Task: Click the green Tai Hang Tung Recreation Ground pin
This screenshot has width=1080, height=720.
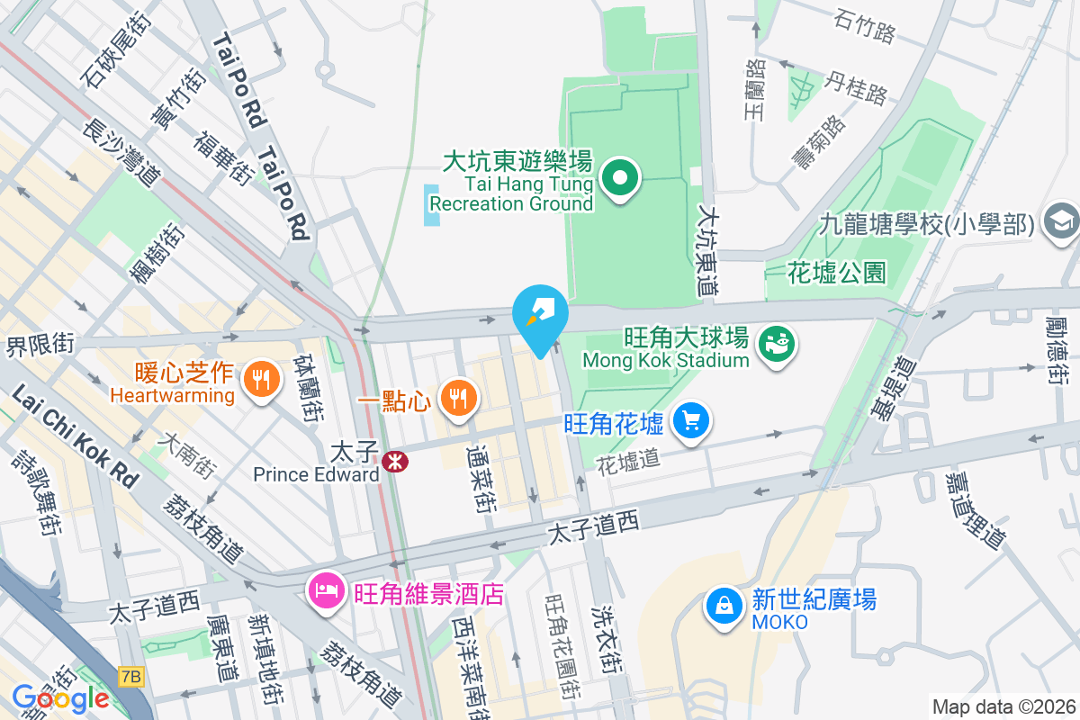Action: point(620,178)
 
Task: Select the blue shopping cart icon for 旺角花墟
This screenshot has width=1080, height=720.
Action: point(691,421)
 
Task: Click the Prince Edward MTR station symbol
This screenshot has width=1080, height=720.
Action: point(394,462)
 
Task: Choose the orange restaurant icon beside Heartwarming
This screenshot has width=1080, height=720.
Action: point(261,381)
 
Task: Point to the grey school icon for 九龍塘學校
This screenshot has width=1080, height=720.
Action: point(1059,220)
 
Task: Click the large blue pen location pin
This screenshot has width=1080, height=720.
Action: point(540,315)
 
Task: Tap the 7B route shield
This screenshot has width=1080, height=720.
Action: point(130,674)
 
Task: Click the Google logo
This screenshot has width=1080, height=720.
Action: point(60,698)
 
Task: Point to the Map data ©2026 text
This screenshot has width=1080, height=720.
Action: point(1003,706)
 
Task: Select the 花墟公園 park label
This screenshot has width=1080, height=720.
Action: point(836,271)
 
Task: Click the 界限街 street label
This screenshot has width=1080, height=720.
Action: point(40,343)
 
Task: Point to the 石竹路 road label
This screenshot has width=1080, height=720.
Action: point(865,28)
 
